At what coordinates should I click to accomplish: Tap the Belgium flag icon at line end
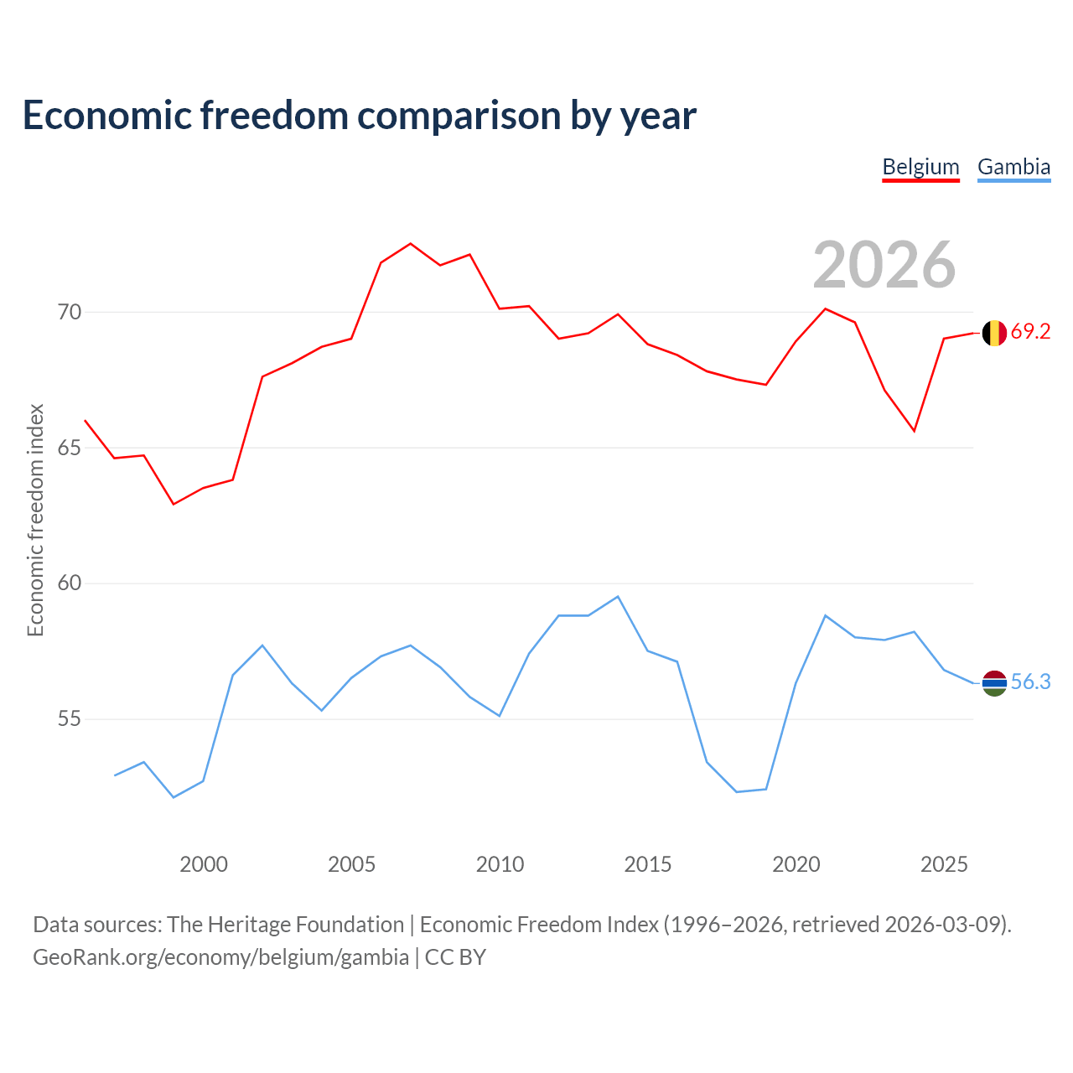coord(994,333)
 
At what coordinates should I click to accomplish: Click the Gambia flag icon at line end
coord(994,683)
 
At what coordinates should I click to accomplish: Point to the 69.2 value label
coord(1030,331)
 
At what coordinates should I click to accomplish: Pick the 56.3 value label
coord(1030,682)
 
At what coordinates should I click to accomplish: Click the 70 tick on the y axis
coord(70,312)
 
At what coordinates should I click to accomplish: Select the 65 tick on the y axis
coord(70,448)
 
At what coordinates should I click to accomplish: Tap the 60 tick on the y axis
coord(70,583)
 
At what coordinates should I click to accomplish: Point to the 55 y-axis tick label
coord(70,719)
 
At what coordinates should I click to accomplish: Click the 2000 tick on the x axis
coord(203,864)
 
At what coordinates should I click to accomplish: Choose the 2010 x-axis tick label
coord(500,864)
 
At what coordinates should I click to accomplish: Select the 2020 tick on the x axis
coord(796,864)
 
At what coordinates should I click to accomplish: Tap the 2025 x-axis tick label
coord(944,864)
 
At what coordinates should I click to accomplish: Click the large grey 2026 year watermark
coord(884,265)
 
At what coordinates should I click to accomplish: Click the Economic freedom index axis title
coord(35,520)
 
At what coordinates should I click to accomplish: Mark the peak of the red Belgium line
coord(411,243)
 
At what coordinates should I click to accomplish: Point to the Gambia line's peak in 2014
coord(618,596)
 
